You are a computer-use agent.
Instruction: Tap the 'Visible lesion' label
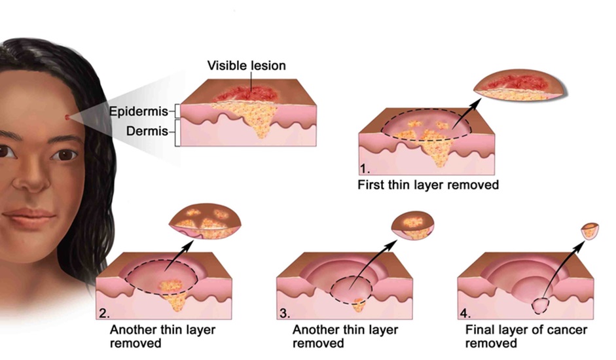click(x=246, y=65)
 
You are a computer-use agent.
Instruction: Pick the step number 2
click(x=103, y=313)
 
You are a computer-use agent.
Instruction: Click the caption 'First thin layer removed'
click(x=428, y=185)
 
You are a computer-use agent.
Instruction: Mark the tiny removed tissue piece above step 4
click(x=590, y=230)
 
